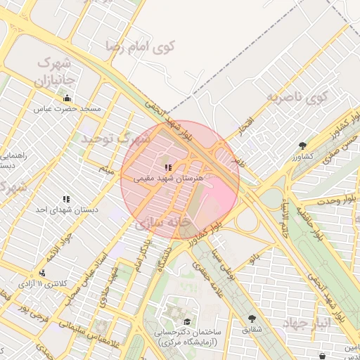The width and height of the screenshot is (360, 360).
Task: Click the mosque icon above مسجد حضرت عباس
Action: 67,98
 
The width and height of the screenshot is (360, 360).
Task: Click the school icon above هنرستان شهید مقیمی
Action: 167,168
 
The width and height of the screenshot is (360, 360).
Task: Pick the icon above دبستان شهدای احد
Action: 66,199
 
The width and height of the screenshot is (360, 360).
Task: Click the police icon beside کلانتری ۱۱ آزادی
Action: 43,273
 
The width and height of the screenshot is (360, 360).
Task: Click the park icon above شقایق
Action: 252,319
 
